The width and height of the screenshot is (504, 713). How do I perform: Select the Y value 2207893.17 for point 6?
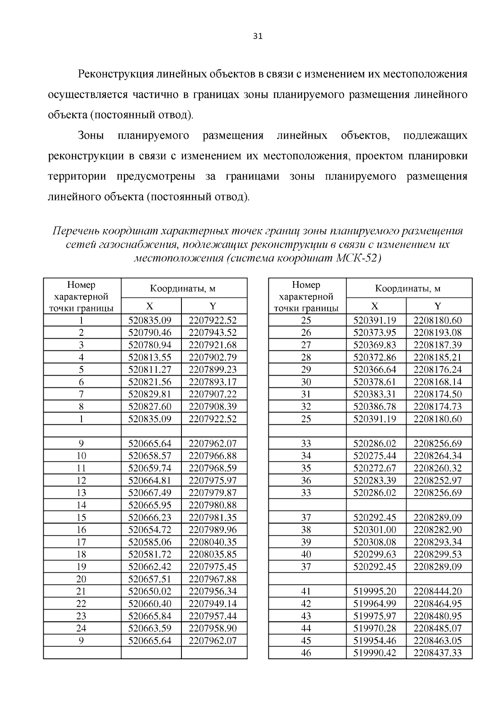click(213, 382)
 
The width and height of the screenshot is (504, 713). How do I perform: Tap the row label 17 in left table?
click(81, 542)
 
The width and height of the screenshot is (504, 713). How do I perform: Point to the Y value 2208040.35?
click(213, 542)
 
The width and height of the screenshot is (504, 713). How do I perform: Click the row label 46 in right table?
click(306, 653)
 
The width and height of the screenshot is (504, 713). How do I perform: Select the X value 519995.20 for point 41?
click(375, 592)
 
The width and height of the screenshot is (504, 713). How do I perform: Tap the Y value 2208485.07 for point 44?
click(438, 629)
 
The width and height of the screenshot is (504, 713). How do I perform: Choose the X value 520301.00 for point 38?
click(375, 530)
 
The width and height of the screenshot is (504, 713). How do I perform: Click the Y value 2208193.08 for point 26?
click(438, 333)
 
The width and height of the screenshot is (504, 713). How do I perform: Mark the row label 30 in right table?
click(306, 382)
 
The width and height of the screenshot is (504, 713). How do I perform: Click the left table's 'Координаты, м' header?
click(183, 289)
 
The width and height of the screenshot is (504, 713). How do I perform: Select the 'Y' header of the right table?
click(438, 306)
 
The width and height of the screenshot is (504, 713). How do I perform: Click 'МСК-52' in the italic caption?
click(358, 258)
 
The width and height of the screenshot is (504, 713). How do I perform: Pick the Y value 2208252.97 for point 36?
click(438, 481)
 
